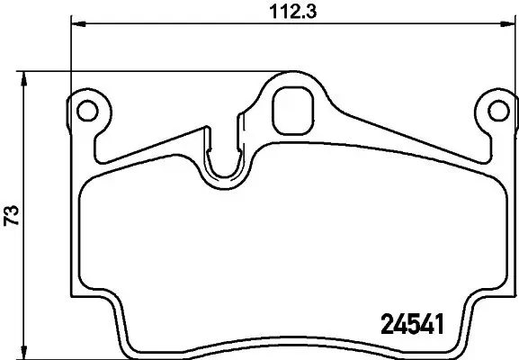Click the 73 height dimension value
point(12,216)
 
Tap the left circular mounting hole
point(87,111)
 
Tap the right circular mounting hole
point(496,111)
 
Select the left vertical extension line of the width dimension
point(70,54)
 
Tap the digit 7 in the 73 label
point(12,222)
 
